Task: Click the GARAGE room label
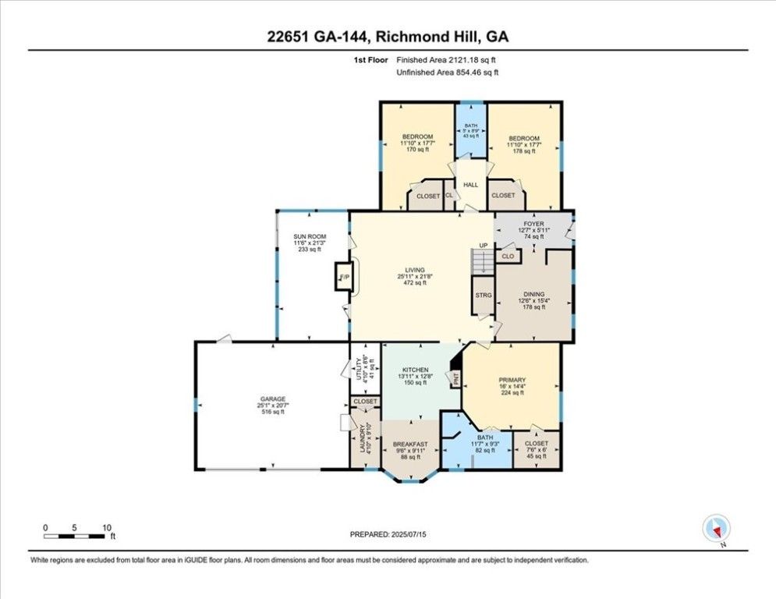click(x=272, y=399)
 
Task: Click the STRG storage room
click(x=482, y=296)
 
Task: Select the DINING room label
click(x=533, y=294)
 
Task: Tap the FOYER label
click(x=533, y=224)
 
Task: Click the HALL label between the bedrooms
click(x=470, y=185)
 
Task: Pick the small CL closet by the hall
click(x=449, y=195)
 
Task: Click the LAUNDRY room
click(x=361, y=438)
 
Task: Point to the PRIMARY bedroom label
click(x=512, y=381)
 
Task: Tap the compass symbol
click(x=714, y=528)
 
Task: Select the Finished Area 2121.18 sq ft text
click(x=447, y=60)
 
